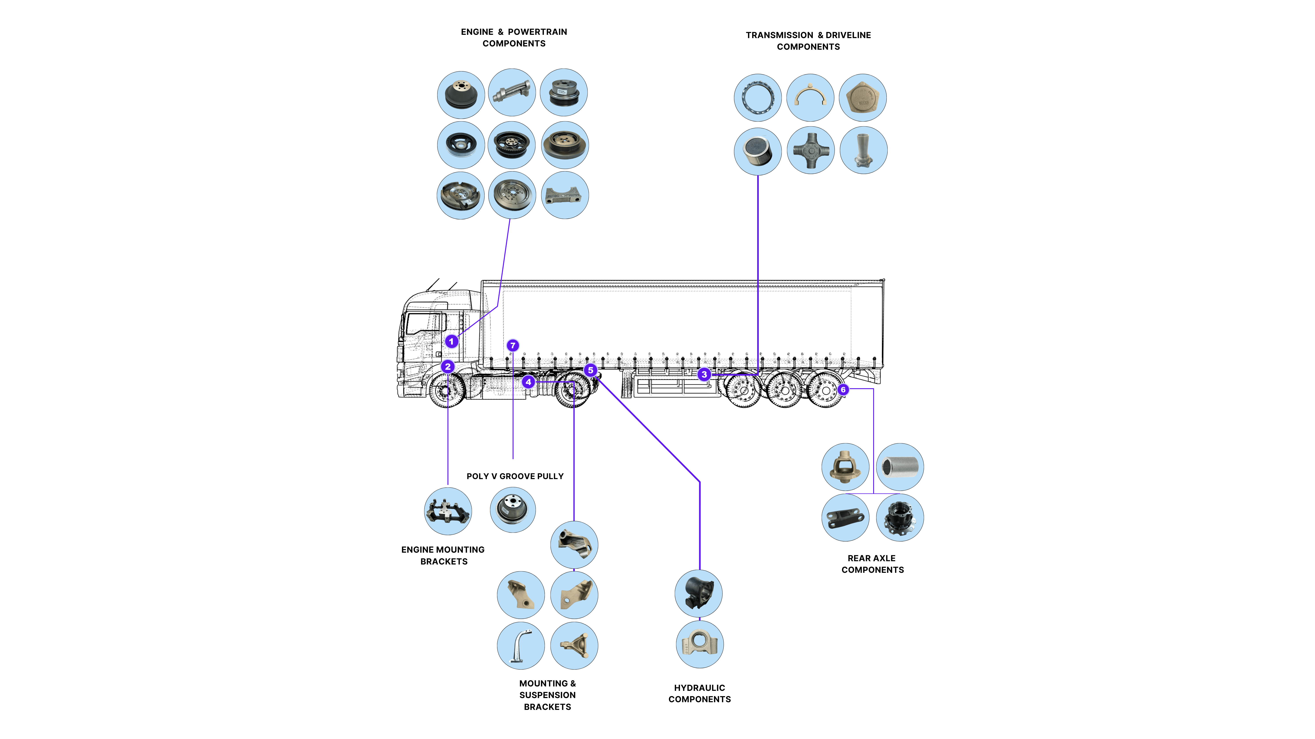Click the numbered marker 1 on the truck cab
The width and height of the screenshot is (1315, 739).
451,341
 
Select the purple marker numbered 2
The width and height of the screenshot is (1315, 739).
448,366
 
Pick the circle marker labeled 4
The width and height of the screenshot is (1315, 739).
528,381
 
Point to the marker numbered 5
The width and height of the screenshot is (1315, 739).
591,370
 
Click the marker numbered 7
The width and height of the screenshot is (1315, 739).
513,345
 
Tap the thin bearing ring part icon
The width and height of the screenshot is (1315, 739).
758,97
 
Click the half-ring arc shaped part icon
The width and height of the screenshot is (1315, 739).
810,97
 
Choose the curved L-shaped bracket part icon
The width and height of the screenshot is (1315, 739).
521,646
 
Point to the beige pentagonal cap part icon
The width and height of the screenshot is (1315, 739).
863,97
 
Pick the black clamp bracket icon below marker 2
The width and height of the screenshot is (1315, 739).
448,511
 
